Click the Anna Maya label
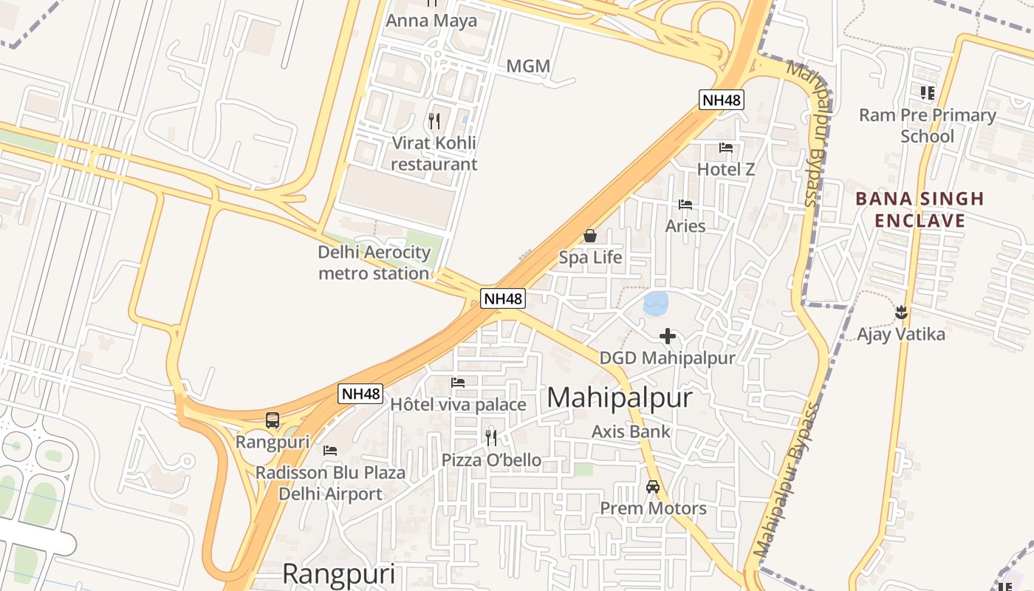pyautogui.click(x=431, y=21)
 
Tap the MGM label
pyautogui.click(x=528, y=66)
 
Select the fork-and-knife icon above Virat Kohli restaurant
pyautogui.click(x=434, y=120)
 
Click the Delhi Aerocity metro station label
pyautogui.click(x=374, y=263)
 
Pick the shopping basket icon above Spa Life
pyautogui.click(x=590, y=236)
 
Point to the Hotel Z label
pyautogui.click(x=726, y=169)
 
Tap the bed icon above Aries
pyautogui.click(x=685, y=205)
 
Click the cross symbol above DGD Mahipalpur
pyautogui.click(x=668, y=336)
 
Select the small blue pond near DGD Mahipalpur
pyautogui.click(x=655, y=303)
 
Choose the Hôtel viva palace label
pyautogui.click(x=458, y=404)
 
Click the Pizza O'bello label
pyautogui.click(x=491, y=460)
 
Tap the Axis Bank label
pyautogui.click(x=631, y=431)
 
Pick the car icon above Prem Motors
pyautogui.click(x=653, y=487)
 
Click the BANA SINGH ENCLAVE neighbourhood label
pyautogui.click(x=920, y=210)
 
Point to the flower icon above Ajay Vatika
pyautogui.click(x=900, y=312)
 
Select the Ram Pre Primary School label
pyautogui.click(x=927, y=126)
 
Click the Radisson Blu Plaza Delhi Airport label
pyautogui.click(x=330, y=483)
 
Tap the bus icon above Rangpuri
pyautogui.click(x=273, y=420)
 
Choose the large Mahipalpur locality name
pyautogui.click(x=620, y=397)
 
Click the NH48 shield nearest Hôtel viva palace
pyautogui.click(x=361, y=394)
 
